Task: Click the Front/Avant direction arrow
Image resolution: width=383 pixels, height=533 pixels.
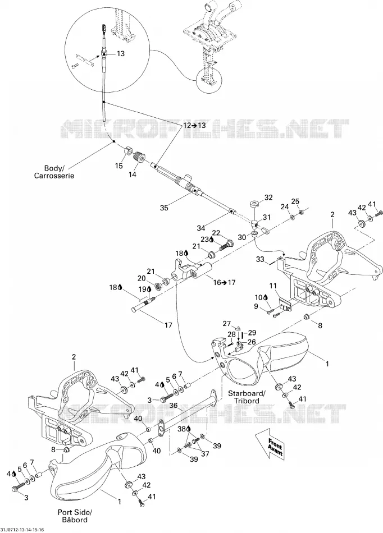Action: [269, 444]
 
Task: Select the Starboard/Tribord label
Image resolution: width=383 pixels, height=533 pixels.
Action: [247, 397]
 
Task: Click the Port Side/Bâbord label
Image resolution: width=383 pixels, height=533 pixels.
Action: [75, 516]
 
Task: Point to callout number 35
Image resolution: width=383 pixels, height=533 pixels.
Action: [164, 208]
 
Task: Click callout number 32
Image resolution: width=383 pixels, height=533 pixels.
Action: [268, 197]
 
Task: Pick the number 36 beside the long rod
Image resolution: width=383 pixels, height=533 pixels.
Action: [174, 406]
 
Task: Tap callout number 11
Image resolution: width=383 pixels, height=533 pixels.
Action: [273, 286]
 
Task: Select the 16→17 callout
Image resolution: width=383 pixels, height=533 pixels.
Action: [224, 282]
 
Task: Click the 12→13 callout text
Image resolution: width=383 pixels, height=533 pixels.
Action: [194, 125]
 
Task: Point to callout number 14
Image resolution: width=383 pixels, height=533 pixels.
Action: [133, 174]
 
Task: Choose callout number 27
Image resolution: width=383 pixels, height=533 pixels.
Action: [227, 324]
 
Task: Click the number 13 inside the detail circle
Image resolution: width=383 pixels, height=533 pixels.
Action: [120, 53]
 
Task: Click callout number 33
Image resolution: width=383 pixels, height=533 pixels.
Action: [260, 260]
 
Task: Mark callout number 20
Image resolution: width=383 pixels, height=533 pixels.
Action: [142, 278]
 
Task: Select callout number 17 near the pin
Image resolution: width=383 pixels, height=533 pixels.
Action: [168, 325]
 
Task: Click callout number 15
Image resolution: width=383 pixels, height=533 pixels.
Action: [118, 166]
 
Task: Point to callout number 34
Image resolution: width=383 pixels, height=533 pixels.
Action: [202, 227]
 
